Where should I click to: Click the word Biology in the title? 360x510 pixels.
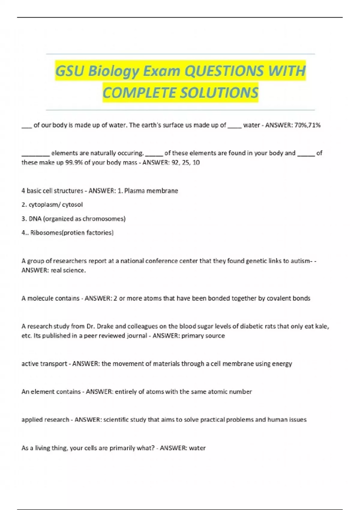pos(114,71)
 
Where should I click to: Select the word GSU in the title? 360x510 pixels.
pos(70,71)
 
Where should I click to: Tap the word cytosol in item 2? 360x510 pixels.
pos(72,205)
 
